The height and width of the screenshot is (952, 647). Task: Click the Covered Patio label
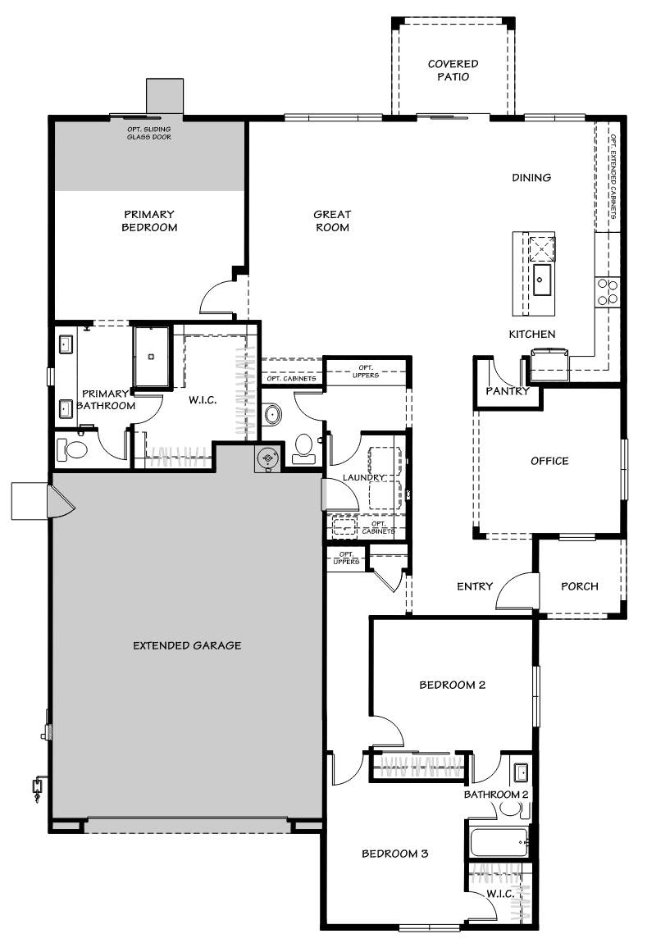coord(453,71)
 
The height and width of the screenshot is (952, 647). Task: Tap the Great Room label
coord(331,221)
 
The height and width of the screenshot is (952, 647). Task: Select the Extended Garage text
coord(187,645)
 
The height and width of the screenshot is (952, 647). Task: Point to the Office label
coord(549,461)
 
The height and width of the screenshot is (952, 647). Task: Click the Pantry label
coord(508,391)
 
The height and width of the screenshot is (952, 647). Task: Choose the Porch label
coord(579,586)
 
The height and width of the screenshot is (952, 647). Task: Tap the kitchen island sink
coord(541,280)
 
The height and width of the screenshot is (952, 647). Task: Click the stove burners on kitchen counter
coord(608,292)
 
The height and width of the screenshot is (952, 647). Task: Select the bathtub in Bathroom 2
coord(499,842)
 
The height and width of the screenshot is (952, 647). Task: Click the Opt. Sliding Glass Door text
coord(148,133)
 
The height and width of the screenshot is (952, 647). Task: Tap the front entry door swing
coord(517,590)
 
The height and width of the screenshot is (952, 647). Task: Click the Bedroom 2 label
coord(452,685)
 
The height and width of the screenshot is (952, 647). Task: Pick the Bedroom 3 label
coord(395,854)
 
